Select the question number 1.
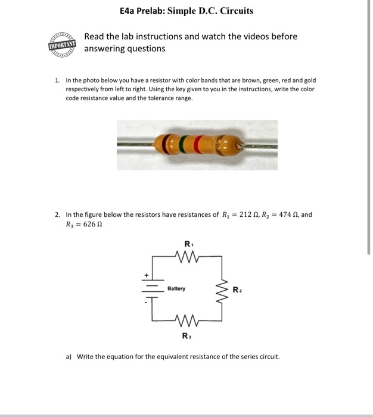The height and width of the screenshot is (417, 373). point(57,79)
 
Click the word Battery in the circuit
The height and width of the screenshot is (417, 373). point(176,289)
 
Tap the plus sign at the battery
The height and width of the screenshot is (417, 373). point(143,276)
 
